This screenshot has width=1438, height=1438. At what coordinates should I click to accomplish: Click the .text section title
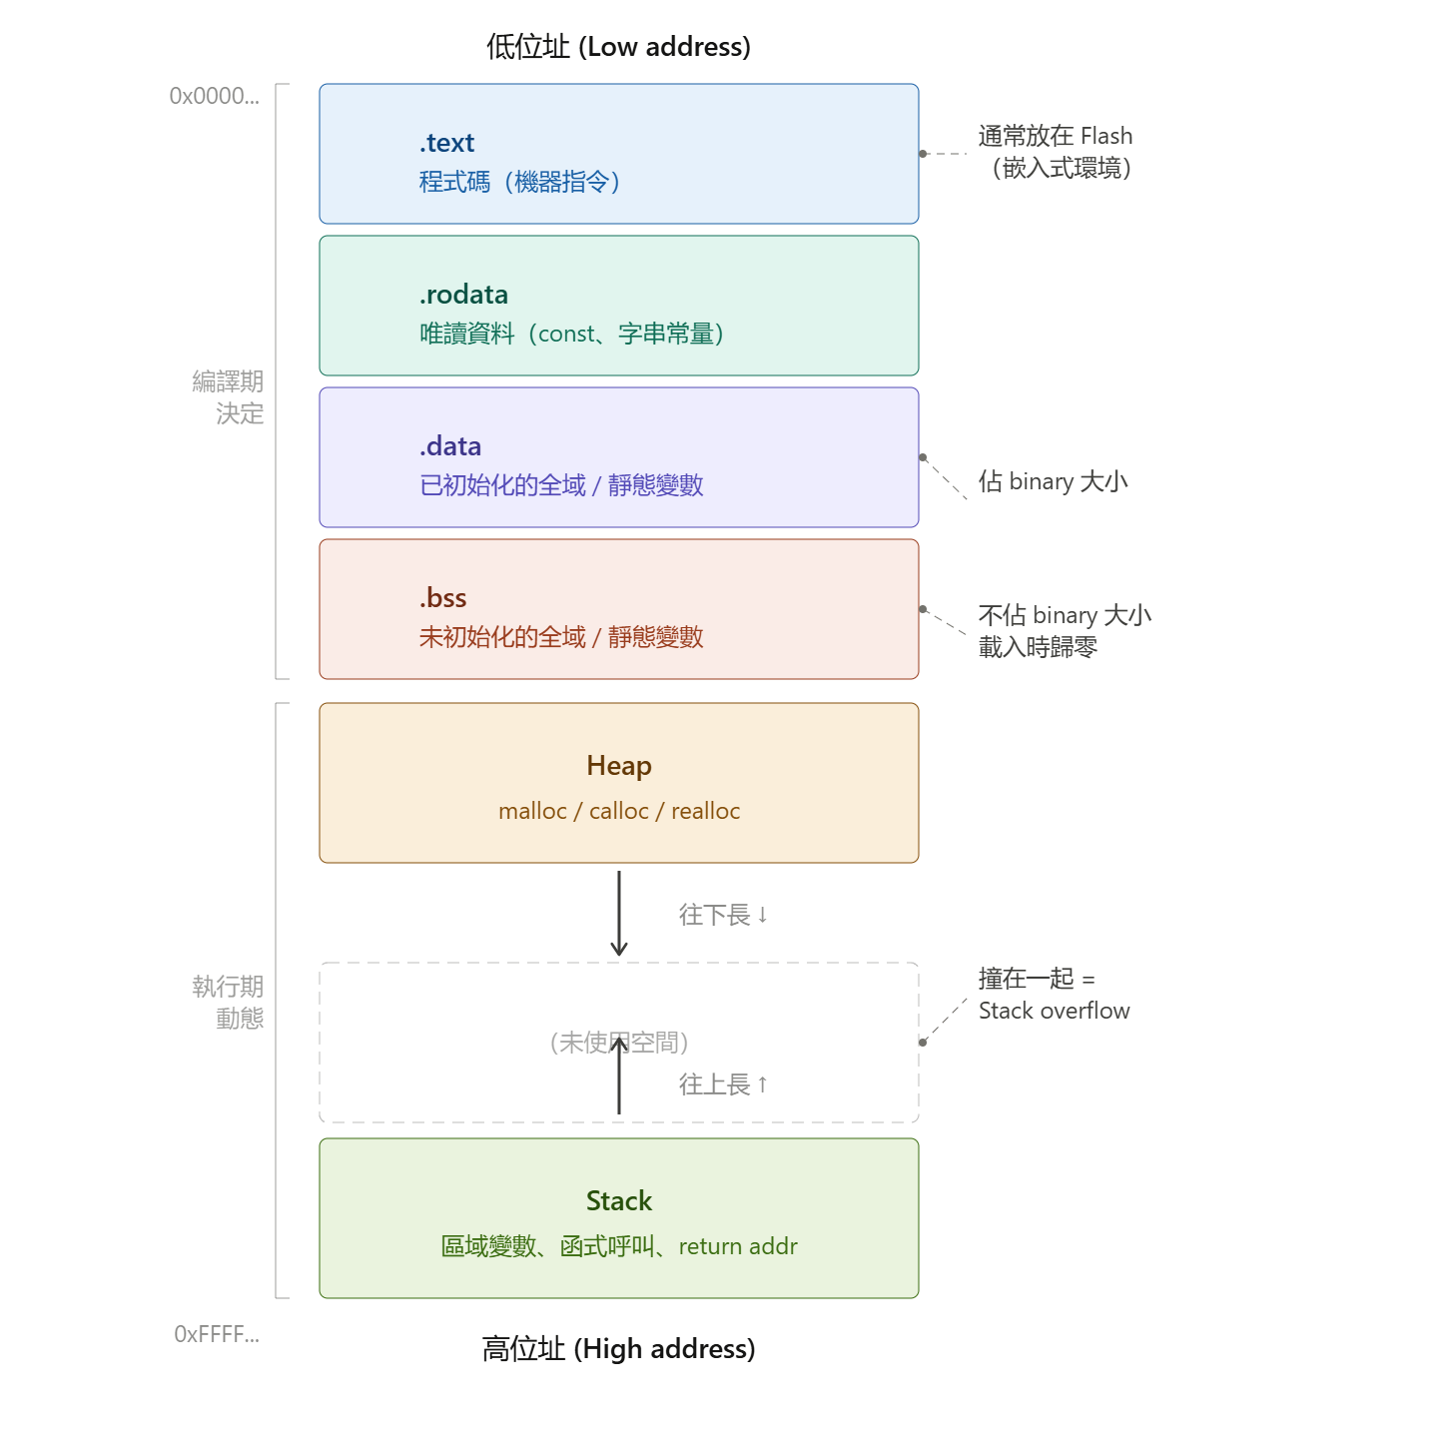pos(446,143)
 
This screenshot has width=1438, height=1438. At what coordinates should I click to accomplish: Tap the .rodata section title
pos(463,295)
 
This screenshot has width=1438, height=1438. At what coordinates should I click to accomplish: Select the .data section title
pos(450,446)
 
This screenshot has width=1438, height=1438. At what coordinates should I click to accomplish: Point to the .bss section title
pos(442,598)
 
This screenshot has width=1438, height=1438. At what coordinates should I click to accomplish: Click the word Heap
pos(618,766)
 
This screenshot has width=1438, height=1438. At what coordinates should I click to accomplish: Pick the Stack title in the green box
pos(618,1200)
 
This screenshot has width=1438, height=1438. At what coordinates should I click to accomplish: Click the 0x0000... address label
pos(214,96)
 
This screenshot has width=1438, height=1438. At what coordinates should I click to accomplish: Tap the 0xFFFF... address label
pos(217,1333)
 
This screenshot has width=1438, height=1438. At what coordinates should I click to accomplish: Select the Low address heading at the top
pos(618,46)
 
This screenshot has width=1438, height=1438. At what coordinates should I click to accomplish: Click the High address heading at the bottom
pos(618,1348)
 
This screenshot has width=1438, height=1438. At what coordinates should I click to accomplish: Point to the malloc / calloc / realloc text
pos(618,811)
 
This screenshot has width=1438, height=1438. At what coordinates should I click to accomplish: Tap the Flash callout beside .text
pos(1056,152)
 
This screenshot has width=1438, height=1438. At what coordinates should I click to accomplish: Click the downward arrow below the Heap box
pos(618,913)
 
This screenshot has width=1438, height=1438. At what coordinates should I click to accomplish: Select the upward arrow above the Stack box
pos(618,1075)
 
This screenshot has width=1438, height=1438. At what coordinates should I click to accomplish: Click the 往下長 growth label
pos(723,914)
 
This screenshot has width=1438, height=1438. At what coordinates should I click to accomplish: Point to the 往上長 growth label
pos(723,1083)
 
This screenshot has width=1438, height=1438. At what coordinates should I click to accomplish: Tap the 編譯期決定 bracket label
pos(228,397)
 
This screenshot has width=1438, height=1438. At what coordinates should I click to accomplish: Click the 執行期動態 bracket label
pos(228,1002)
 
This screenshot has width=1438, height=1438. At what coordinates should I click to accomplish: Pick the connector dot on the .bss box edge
pos(923,609)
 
